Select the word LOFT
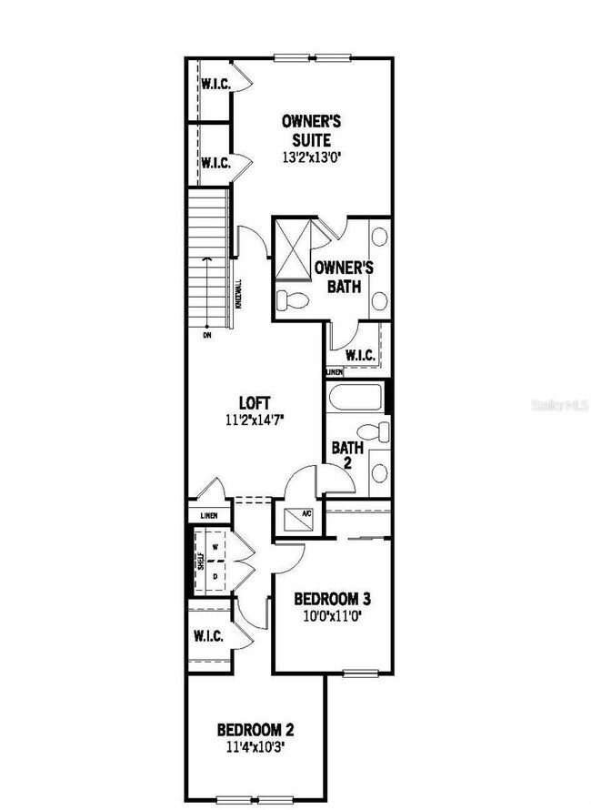[x=255, y=402]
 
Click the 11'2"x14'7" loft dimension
[x=255, y=420]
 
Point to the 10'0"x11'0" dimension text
[x=332, y=617]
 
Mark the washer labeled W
[x=215, y=548]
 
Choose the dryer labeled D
[x=215, y=575]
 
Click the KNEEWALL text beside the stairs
[x=238, y=294]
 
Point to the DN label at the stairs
[x=208, y=335]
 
